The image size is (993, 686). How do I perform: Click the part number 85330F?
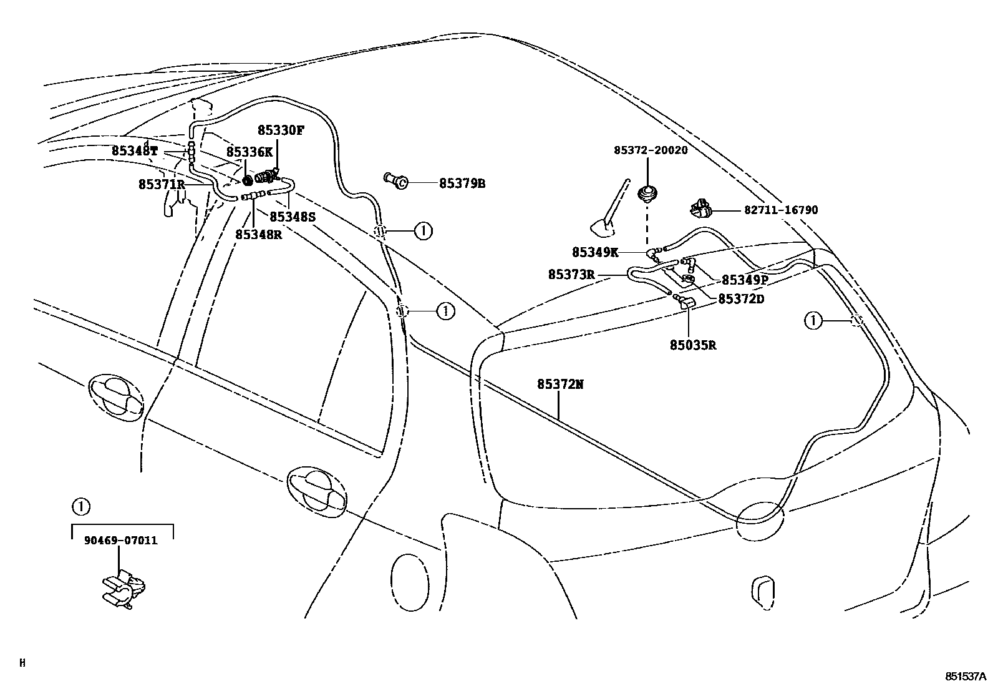tap(281, 130)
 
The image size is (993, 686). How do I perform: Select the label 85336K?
tap(249, 152)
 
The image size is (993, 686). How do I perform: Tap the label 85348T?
tap(134, 150)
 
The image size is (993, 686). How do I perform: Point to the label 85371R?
tap(162, 184)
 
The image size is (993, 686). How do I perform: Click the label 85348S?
tap(293, 217)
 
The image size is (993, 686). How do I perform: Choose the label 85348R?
tap(258, 234)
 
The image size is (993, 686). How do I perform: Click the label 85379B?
tap(462, 184)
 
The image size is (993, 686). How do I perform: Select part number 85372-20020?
tap(651, 150)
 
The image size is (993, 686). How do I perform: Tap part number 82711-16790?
tap(781, 210)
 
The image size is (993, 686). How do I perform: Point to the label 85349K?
tap(595, 252)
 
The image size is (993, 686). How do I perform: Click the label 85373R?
tap(571, 275)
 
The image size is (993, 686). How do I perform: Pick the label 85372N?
tap(560, 384)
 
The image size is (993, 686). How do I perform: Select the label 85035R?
tap(693, 345)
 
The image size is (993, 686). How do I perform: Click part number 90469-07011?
tap(120, 540)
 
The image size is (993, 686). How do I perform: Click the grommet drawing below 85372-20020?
tap(647, 195)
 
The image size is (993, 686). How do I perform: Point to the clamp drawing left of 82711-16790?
tap(700, 208)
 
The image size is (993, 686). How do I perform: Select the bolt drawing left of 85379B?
tap(395, 180)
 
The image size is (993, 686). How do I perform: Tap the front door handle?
tap(116, 398)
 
